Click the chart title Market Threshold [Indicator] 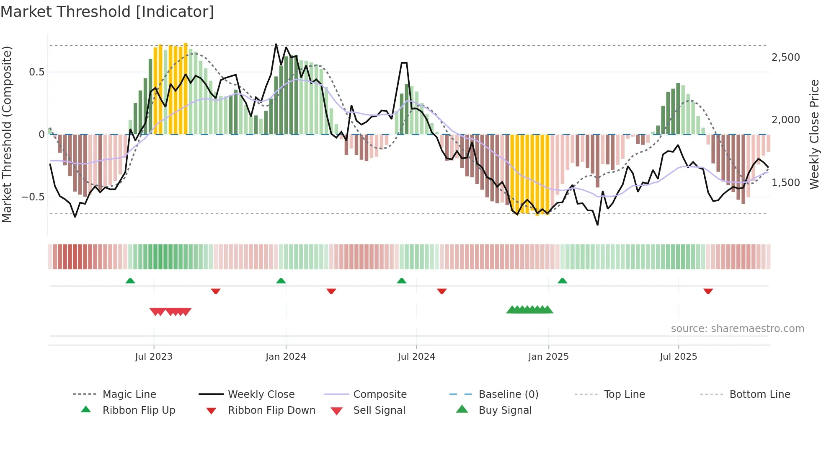click(x=107, y=12)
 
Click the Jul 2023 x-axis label click(x=154, y=357)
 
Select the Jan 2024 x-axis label click(x=286, y=357)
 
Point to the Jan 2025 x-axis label click(x=548, y=357)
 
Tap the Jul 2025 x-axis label click(x=678, y=357)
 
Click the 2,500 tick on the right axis click(x=785, y=57)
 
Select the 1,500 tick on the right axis click(x=785, y=183)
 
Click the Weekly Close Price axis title click(x=813, y=134)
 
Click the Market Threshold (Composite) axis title click(x=7, y=134)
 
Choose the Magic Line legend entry click(x=129, y=395)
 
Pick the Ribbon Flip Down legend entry click(x=271, y=410)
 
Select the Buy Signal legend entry click(x=505, y=410)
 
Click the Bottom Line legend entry click(x=759, y=395)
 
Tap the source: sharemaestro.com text click(x=737, y=329)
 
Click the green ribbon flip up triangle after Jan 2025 click(x=562, y=281)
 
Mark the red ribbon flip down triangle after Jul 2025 click(x=708, y=291)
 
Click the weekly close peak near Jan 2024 click(x=276, y=44)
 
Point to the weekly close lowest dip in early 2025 click(x=598, y=225)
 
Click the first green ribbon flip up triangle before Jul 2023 click(x=130, y=281)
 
